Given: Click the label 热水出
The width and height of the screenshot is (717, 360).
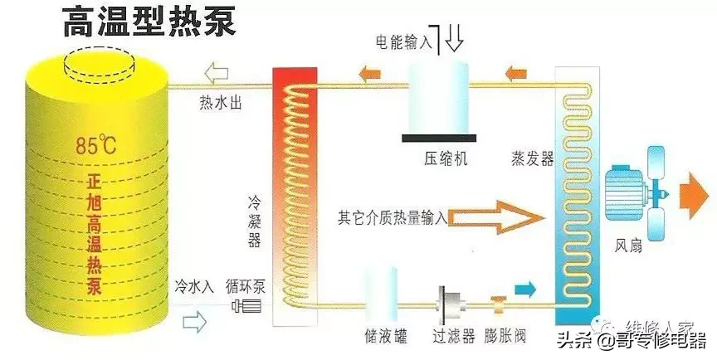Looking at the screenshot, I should pyautogui.click(x=221, y=102).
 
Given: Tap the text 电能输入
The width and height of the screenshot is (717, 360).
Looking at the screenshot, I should pyautogui.click(x=404, y=41).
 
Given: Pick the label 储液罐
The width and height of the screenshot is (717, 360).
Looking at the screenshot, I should pyautogui.click(x=385, y=337).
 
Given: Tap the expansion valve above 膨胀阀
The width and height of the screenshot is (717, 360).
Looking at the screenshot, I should pyautogui.click(x=499, y=302).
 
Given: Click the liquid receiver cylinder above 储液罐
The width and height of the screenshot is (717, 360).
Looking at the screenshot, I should pyautogui.click(x=381, y=298).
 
